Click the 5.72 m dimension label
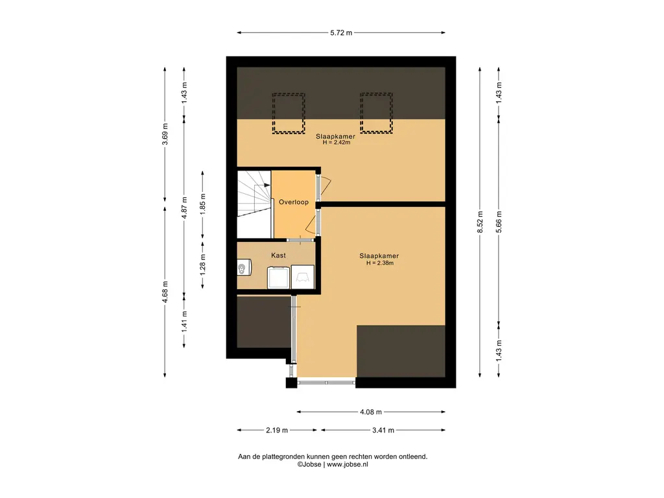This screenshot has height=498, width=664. (341, 32)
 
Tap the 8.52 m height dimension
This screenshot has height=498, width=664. (480, 222)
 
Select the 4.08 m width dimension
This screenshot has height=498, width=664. (370, 412)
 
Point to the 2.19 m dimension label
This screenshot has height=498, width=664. (276, 431)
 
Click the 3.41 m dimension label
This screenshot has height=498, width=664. (383, 431)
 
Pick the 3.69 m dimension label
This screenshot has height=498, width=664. (165, 134)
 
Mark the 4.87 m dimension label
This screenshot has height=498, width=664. (184, 207)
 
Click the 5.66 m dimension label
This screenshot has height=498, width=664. (499, 222)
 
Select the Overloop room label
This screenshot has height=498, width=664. (294, 202)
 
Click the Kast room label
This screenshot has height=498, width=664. (278, 255)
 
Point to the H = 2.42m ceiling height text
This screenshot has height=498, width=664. (337, 143)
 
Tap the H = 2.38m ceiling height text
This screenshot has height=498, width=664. (380, 263)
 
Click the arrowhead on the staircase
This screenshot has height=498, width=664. (267, 185)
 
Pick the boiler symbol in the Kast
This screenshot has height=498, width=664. (244, 268)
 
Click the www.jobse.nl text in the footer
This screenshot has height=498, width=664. (348, 464)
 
